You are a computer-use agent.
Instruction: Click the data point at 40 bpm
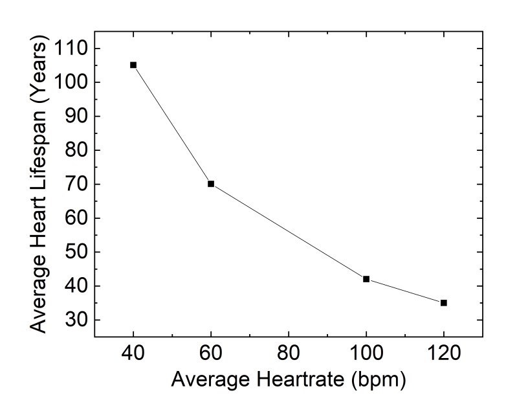133,65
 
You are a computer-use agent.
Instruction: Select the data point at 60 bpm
211,184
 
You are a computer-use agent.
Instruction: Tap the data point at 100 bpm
366,279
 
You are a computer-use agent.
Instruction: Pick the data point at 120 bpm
444,302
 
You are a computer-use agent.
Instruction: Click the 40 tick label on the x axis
133,353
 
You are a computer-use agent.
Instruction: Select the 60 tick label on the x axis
211,353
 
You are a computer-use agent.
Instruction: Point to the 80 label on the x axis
289,353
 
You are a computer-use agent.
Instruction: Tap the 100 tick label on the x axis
366,353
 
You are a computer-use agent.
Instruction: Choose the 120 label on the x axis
444,353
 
